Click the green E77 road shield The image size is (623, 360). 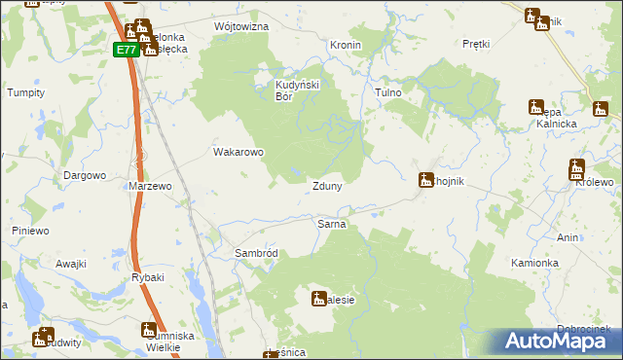125,50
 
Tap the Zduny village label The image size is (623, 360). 326,186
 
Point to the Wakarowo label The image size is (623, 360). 238,152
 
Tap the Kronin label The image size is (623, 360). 346,46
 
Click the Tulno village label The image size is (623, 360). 388,92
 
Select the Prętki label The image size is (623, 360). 476,45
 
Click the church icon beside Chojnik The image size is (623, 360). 425,180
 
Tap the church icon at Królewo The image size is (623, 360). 576,168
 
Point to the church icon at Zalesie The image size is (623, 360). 318,299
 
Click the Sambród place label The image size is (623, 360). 257,253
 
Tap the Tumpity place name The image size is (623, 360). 27,92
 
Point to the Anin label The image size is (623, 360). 568,237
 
